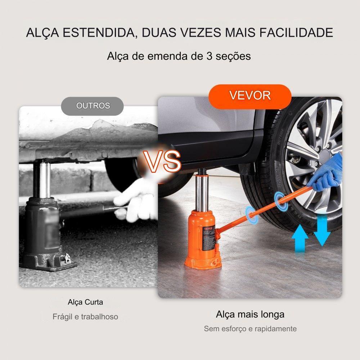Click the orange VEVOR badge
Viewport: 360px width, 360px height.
250,96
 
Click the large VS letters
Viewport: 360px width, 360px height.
162,162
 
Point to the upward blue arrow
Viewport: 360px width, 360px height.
300,238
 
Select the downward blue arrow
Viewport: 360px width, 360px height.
322,231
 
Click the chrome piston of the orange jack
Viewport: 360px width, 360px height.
202,193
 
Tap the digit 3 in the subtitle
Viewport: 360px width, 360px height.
209,56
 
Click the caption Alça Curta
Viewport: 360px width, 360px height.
85,302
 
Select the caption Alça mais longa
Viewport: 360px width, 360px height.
250,314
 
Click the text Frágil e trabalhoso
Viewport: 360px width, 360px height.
85,317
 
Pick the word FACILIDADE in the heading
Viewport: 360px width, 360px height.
296,32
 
